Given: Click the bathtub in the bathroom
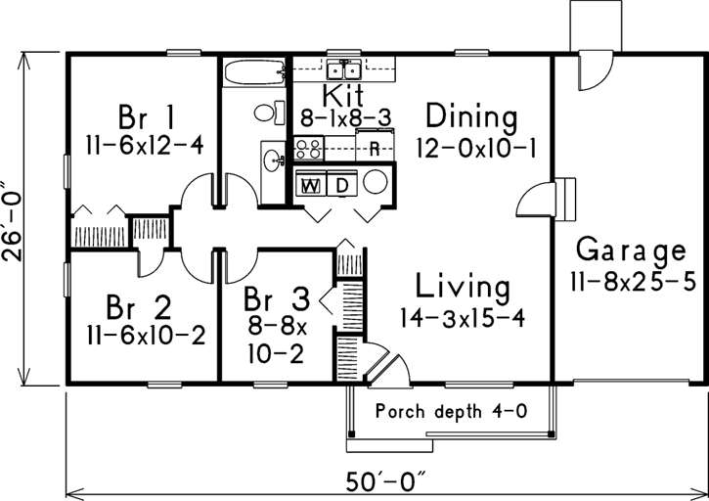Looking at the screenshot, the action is coord(254,71).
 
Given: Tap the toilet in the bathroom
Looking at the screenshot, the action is coord(270,113).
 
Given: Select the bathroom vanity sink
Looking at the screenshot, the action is coord(274,159).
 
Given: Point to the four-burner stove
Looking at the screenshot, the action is coord(309,148).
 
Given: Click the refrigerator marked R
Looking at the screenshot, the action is coord(375,145).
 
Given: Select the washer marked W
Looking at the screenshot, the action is coord(311,183).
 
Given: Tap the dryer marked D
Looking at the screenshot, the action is coord(342,183).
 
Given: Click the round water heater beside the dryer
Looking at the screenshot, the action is coord(376,182).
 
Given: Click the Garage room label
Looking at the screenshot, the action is coord(631,250).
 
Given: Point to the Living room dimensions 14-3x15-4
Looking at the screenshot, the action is coord(463,318).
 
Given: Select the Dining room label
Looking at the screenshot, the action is coord(471,116).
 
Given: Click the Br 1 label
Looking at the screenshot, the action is coord(146,117).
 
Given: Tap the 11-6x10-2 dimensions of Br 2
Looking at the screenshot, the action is coord(146,336).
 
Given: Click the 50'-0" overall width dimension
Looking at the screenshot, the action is coord(386,482).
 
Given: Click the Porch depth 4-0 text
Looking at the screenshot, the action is coord(451,412).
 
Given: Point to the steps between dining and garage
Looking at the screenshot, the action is coord(565,200).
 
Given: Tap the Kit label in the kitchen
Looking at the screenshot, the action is coord(343,96).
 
